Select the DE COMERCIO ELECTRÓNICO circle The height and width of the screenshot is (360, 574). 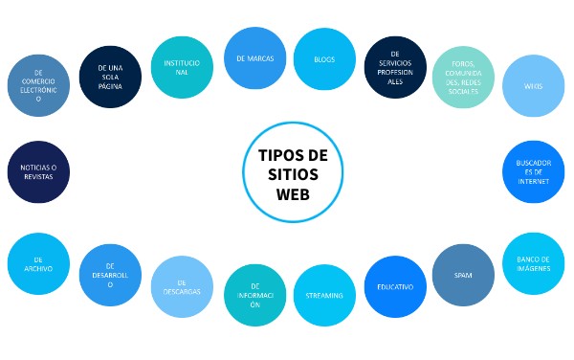pos(38,85)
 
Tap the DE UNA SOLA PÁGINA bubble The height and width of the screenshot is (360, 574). pos(110,75)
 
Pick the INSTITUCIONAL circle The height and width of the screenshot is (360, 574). pos(182,67)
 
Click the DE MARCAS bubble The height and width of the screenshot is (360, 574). pos(254,59)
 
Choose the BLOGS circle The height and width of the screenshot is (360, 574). pos(324,59)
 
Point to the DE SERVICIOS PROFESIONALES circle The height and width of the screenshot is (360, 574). pos(394,67)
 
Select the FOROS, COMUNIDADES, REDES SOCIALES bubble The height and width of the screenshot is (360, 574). pos(463,76)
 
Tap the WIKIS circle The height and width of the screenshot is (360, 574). pos(533,85)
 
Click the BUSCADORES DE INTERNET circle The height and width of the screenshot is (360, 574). pos(533,173)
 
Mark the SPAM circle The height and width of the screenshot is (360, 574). pos(463,275)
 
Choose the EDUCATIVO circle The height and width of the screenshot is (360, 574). pos(394,286)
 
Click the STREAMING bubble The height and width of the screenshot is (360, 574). pos(324,296)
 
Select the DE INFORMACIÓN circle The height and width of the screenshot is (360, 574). pos(254,295)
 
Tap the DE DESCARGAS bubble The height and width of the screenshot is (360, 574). pos(182,286)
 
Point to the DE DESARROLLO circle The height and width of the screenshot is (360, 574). pos(110,276)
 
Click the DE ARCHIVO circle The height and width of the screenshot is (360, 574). pos(38,263)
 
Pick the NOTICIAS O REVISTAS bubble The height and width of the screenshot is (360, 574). pos(38,173)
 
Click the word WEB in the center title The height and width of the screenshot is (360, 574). pos(293,193)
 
